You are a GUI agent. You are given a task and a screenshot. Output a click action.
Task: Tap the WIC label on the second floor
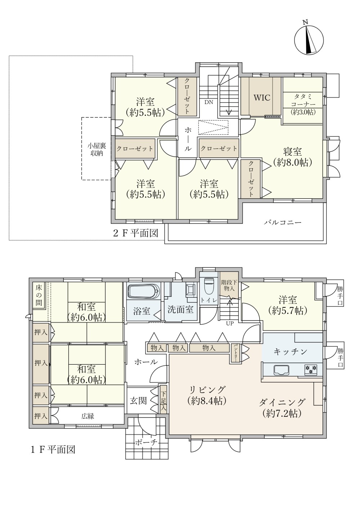[x=262, y=98]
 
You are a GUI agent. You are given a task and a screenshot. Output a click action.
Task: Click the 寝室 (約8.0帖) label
[x=292, y=157]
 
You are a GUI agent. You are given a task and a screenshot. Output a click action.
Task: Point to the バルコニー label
[x=283, y=222]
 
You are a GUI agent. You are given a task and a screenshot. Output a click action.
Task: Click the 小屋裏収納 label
[x=97, y=149]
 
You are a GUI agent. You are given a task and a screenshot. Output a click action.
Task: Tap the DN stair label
[x=209, y=102]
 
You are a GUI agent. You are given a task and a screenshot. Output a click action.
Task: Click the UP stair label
[x=230, y=324]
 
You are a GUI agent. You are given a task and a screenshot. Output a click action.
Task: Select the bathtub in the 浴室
[x=144, y=291]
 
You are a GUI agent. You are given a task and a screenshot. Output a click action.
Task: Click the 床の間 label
[x=39, y=295]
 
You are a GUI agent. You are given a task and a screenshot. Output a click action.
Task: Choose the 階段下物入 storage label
[x=229, y=285]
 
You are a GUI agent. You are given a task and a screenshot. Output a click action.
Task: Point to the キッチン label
[x=291, y=352]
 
